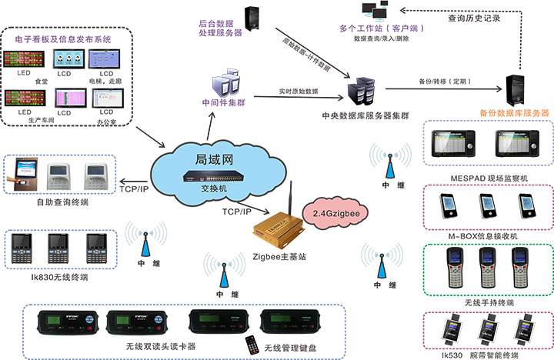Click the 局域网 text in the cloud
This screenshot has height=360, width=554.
pyautogui.click(x=209, y=160)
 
